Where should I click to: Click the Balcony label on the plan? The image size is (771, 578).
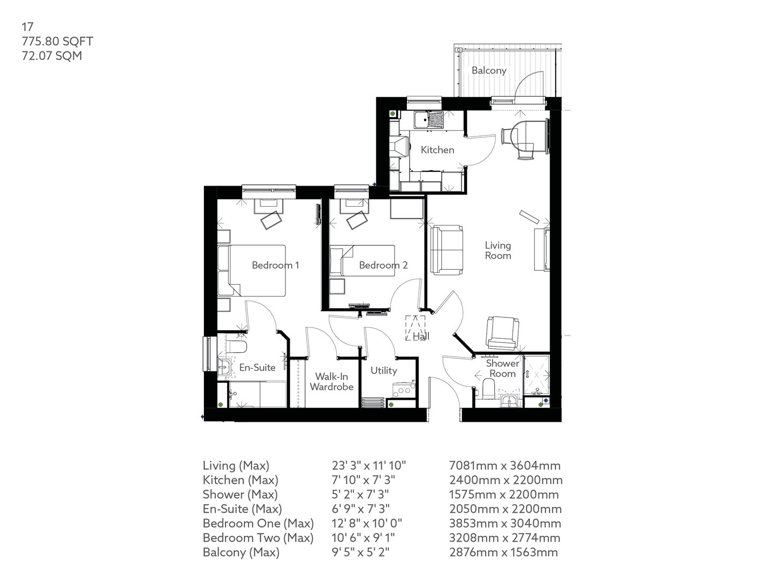488,70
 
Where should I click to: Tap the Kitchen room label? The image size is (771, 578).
437,150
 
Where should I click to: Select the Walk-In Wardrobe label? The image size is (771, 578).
331,382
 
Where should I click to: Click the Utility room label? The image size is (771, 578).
383,370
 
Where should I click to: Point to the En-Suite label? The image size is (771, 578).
257,368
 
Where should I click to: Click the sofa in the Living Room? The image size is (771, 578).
447,250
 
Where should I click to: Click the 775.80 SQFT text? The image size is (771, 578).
57,41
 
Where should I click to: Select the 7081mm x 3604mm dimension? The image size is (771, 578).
504,466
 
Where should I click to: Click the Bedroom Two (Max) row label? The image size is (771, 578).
258,538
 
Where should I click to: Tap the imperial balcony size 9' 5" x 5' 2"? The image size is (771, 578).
360,552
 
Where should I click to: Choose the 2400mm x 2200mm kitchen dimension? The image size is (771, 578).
505,480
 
